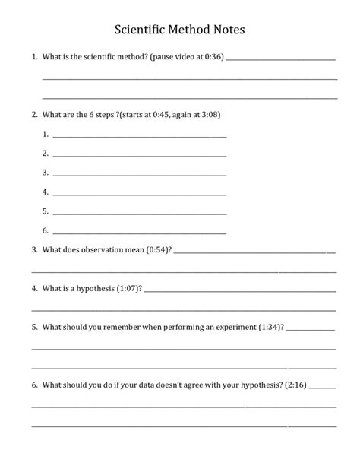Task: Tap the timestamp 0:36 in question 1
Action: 213,57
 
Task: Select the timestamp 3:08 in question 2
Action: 208,114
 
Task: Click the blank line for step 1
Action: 140,135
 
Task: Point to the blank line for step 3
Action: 140,173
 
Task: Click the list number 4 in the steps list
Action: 46,192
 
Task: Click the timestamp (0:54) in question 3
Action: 159,249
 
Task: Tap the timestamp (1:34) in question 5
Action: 271,328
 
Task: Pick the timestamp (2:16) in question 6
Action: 296,385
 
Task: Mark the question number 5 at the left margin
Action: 34,328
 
